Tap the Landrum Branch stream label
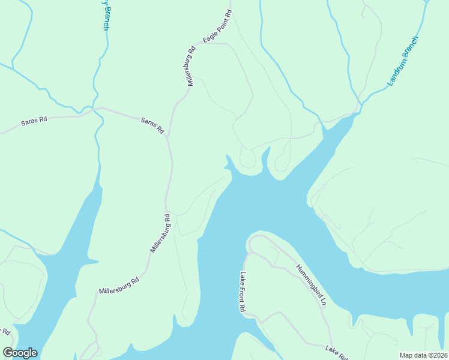coord(402,61)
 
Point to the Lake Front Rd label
coord(243,292)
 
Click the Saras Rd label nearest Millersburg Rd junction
coord(152,125)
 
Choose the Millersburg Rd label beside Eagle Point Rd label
coord(191,66)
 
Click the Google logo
coord(20,353)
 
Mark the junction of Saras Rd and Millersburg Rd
coord(167,136)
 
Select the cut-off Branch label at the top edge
coord(106,15)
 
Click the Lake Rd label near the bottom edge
coord(336,352)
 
